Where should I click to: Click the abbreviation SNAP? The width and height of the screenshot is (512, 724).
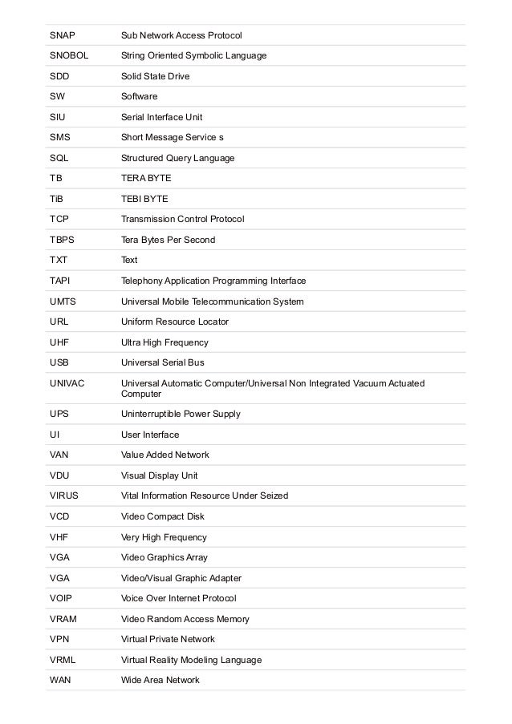[62, 35]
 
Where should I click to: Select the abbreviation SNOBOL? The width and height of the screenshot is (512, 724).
[69, 55]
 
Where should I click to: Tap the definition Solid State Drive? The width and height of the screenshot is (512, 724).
[155, 76]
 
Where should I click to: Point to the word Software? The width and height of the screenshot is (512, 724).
[139, 96]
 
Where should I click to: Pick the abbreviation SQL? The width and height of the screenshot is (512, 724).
[59, 158]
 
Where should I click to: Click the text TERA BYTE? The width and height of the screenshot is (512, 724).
[146, 178]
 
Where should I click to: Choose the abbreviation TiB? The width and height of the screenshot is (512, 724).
[57, 199]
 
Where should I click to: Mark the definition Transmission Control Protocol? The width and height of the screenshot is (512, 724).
[182, 219]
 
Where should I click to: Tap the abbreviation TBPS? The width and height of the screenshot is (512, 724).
[63, 240]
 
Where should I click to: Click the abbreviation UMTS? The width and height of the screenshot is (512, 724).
[63, 301]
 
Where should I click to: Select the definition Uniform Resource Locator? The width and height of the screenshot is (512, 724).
[174, 322]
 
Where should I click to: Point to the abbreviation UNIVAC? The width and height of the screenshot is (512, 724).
[67, 383]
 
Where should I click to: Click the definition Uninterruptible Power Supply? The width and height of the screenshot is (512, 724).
[181, 414]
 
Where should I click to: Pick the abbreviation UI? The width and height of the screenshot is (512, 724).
[54, 435]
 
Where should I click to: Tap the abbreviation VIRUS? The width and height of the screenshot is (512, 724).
[64, 495]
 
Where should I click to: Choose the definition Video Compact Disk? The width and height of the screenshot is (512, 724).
[163, 516]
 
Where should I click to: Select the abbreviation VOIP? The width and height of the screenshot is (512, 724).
[62, 598]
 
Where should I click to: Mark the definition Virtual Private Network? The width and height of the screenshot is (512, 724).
[168, 639]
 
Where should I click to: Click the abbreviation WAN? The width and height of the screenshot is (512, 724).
[60, 680]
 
